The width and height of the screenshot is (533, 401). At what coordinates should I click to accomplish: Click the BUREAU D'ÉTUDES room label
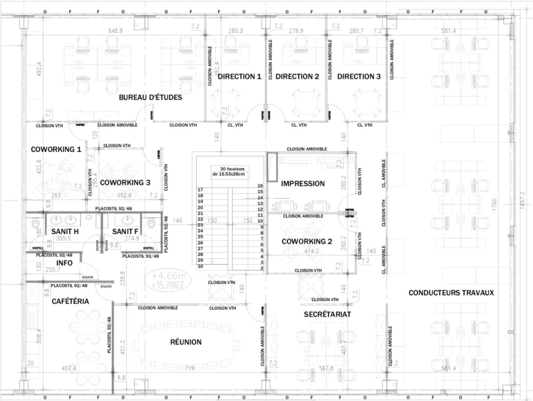(x=150, y=97)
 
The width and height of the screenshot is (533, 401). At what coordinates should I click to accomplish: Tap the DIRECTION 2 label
(x=297, y=76)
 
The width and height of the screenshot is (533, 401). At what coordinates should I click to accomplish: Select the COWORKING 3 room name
(x=125, y=182)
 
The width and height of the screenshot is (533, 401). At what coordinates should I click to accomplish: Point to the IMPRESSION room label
(x=303, y=183)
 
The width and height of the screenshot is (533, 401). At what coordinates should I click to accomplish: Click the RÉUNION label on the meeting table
(x=186, y=342)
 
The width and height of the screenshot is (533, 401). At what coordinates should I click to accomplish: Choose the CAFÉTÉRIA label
(x=70, y=301)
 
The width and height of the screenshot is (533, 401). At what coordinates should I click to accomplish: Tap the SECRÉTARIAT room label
(x=327, y=314)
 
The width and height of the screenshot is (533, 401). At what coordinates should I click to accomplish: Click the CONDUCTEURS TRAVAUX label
(x=451, y=293)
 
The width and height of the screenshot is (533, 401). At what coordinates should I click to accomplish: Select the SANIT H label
(x=65, y=232)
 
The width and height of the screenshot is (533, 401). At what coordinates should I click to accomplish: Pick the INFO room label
(x=64, y=263)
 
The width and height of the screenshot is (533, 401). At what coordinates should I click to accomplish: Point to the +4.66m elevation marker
(x=168, y=276)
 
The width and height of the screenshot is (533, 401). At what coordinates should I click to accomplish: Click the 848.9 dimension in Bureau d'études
(x=115, y=31)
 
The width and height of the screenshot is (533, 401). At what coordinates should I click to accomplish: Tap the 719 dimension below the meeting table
(x=189, y=368)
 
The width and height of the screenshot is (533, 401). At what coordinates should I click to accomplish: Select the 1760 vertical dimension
(x=494, y=204)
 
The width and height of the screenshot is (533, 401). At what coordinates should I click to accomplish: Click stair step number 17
(x=200, y=189)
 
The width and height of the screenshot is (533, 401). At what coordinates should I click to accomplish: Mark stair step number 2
(x=262, y=268)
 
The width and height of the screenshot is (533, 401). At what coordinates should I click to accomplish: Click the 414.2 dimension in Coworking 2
(x=311, y=251)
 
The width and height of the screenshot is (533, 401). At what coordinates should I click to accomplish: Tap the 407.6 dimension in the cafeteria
(x=69, y=368)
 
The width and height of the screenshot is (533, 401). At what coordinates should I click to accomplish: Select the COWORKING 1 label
(x=56, y=149)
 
